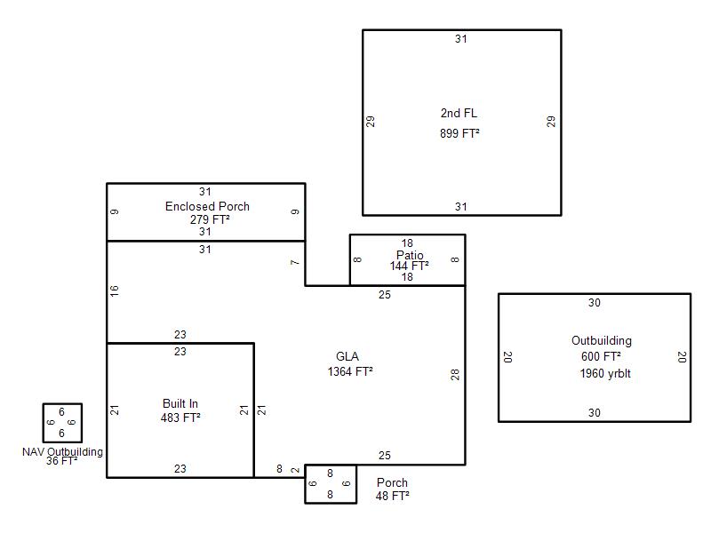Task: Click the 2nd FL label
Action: click(x=459, y=113)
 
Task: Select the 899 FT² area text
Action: click(x=459, y=133)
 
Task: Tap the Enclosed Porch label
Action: click(x=207, y=206)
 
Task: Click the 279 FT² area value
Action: click(x=210, y=219)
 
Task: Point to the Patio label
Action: click(x=410, y=255)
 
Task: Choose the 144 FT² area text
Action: click(x=409, y=266)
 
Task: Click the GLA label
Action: click(x=348, y=356)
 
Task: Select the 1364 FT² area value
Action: click(x=350, y=371)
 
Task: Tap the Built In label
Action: click(x=180, y=403)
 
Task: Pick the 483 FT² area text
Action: click(x=180, y=418)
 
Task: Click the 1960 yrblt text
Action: click(x=605, y=373)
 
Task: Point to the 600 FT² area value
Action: click(x=601, y=356)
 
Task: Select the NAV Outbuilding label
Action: click(x=62, y=452)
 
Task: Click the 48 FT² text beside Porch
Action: click(x=392, y=496)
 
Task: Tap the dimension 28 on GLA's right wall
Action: click(x=455, y=374)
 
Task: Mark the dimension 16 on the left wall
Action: click(x=115, y=290)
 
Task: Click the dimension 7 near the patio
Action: click(x=295, y=262)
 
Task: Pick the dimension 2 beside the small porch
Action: click(x=295, y=471)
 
